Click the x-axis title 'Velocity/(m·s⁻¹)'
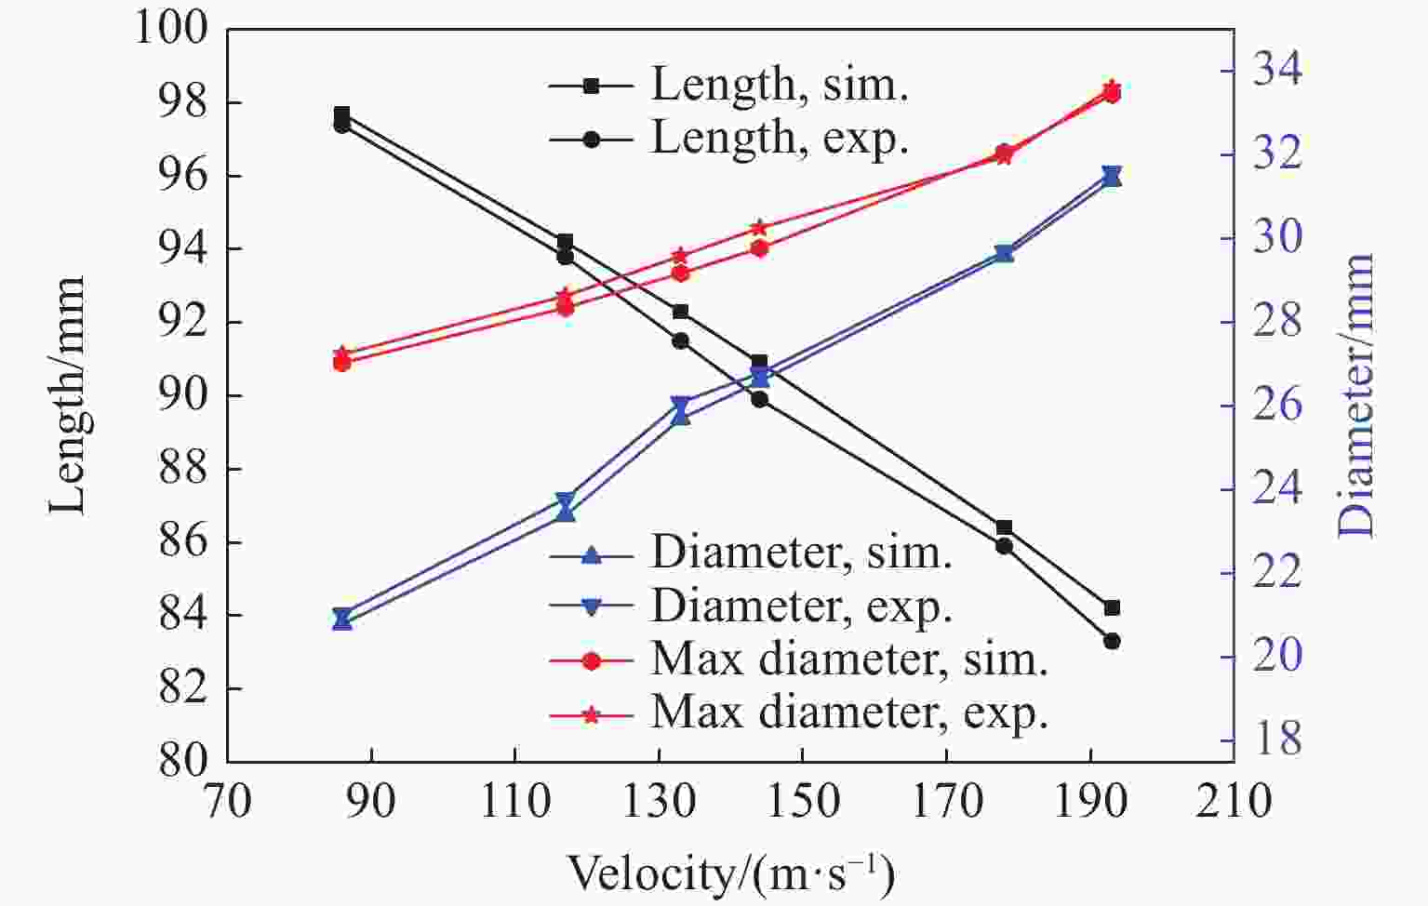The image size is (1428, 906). tap(730, 874)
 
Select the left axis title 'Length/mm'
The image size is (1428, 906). tap(67, 394)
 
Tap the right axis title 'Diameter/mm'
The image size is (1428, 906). tap(1356, 394)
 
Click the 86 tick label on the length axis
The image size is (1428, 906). tap(183, 541)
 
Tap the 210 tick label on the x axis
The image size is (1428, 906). tap(1234, 800)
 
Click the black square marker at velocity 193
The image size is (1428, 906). tap(1112, 607)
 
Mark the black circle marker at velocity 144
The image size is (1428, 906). tap(759, 399)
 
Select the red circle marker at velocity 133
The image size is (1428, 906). tap(680, 273)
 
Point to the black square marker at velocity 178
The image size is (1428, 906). tap(1004, 527)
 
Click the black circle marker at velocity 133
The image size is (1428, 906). tap(680, 340)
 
